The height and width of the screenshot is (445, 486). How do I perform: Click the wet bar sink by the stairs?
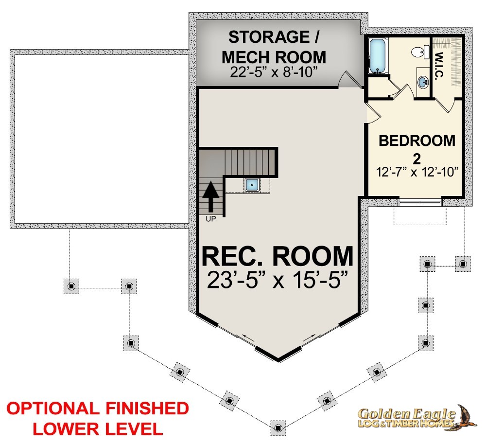click(252, 185)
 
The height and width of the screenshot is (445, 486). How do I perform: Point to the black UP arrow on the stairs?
click(211, 197)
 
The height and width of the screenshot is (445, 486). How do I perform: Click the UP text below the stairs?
click(211, 219)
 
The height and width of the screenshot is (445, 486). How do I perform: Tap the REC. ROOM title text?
click(278, 256)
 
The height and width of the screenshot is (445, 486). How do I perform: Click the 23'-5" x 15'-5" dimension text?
click(278, 280)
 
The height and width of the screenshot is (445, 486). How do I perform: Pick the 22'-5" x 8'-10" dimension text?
click(274, 72)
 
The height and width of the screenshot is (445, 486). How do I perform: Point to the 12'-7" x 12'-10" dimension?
click(417, 172)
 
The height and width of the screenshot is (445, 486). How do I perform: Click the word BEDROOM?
click(417, 141)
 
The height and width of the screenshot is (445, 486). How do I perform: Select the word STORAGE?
click(269, 37)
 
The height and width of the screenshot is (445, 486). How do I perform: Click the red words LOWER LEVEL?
click(98, 429)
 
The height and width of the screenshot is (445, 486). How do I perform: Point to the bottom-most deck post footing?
click(278, 428)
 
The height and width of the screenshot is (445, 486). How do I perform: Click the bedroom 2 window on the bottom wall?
click(420, 202)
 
